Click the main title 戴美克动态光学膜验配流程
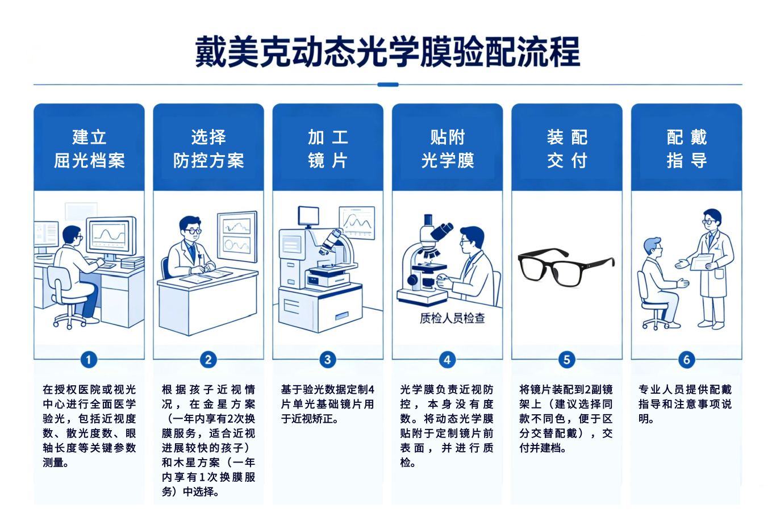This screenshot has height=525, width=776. pos(387,52)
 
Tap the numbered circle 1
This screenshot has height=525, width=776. pos(89,360)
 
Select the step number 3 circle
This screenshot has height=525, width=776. pos(328,360)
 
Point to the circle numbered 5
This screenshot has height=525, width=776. pos(567,360)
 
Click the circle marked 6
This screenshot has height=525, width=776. pos(686,360)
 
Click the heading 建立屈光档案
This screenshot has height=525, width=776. pos(89,149)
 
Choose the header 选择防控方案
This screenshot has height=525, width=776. pos(208,149)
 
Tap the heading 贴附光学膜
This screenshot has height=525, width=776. pos(447,149)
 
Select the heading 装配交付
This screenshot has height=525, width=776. pos(567,149)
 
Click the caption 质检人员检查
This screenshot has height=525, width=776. pos(452,318)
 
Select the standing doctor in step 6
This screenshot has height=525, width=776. pos(710,269)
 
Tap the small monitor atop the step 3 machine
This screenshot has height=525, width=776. pos(308,216)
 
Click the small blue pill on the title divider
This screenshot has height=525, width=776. pos(387,85)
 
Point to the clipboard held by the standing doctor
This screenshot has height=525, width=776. pos(702,262)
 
